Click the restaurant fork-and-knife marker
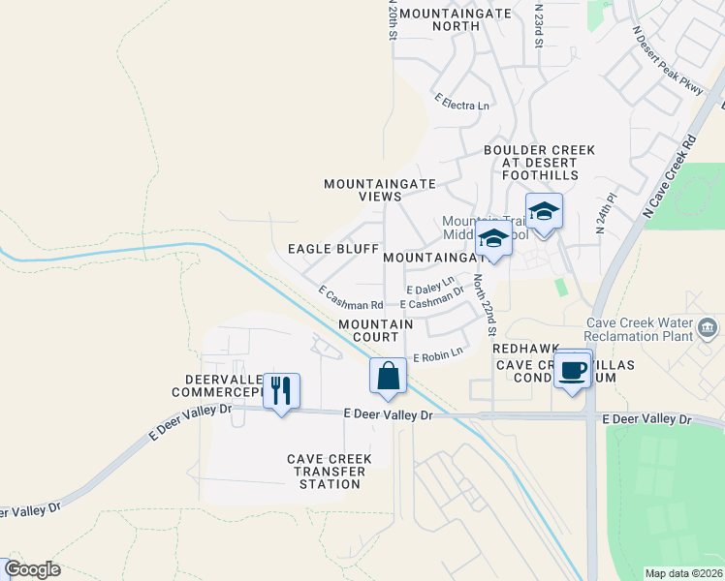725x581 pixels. pyautogui.click(x=281, y=391)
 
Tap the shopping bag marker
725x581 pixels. pyautogui.click(x=388, y=376)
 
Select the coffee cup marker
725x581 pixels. pyautogui.click(x=574, y=370)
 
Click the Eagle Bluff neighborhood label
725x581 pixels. pyautogui.click(x=332, y=249)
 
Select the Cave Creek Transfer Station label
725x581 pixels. pyautogui.click(x=326, y=472)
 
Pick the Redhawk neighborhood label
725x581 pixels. pyautogui.click(x=521, y=348)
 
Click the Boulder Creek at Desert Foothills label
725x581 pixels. pyautogui.click(x=539, y=163)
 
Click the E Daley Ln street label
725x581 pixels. pyautogui.click(x=430, y=287)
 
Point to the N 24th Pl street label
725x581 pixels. pyautogui.click(x=606, y=212)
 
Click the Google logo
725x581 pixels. pyautogui.click(x=32, y=569)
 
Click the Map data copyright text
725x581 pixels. pyautogui.click(x=682, y=573)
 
